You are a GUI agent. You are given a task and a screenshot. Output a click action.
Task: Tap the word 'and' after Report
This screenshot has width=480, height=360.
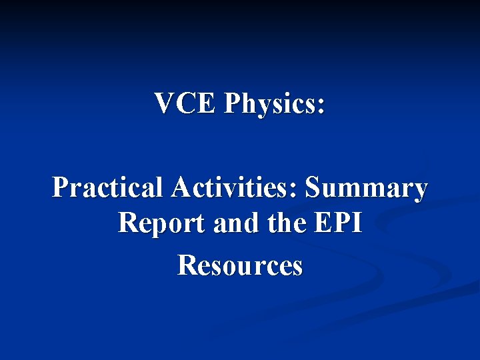click(233, 223)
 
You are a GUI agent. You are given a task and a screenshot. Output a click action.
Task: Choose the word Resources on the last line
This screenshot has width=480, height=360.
click(240, 265)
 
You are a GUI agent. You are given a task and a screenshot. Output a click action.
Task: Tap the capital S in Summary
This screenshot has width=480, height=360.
click(313, 189)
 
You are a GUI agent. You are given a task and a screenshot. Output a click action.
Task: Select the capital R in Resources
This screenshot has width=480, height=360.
click(187, 265)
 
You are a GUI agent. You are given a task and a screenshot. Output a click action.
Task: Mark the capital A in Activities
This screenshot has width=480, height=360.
click(180, 189)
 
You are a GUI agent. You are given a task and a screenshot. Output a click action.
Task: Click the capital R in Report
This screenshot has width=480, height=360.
click(127, 223)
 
